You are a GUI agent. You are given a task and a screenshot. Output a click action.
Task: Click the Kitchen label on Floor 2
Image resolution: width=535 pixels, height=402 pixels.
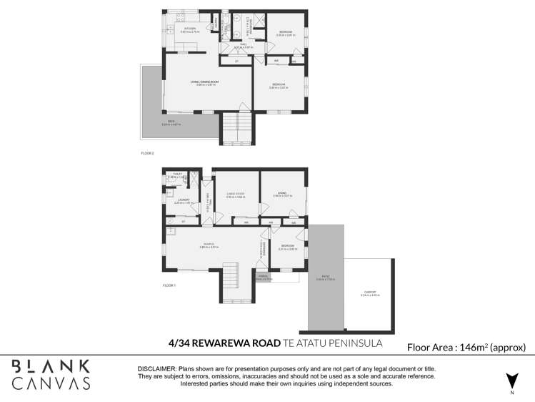[x=189, y=29]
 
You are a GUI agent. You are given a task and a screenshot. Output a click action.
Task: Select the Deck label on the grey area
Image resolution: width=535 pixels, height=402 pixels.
[x=171, y=122]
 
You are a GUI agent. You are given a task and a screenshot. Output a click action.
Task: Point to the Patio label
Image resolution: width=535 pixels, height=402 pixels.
[x=326, y=278]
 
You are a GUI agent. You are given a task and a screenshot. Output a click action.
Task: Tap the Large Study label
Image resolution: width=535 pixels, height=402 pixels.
[x=236, y=193]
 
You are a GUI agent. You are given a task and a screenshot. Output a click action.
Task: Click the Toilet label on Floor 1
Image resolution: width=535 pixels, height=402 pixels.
[x=176, y=175]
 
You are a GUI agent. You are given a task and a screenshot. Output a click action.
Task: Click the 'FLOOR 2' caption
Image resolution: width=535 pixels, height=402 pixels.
[x=147, y=153]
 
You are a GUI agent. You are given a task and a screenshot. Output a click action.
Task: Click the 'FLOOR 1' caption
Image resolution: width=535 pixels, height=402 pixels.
[x=169, y=285]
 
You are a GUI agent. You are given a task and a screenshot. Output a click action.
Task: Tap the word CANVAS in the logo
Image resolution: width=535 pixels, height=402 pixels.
[x=52, y=383]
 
